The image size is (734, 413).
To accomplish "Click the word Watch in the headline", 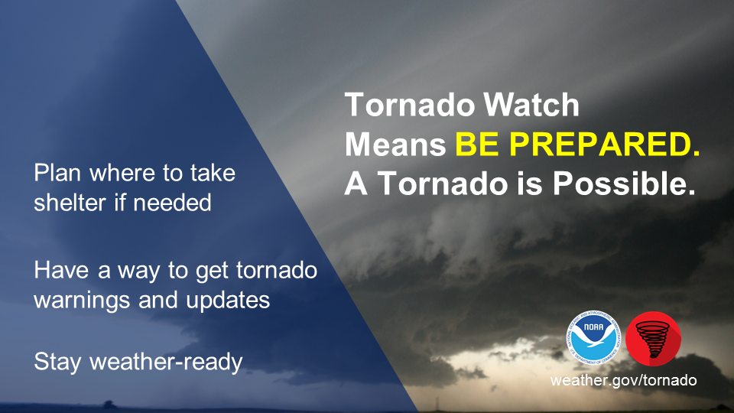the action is pos(531,105).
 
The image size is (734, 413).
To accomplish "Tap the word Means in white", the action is pos(395,145).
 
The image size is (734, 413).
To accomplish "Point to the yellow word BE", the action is pos(477,145).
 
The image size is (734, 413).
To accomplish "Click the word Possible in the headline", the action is pos(624,183).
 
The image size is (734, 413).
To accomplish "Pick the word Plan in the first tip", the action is pos(57,173).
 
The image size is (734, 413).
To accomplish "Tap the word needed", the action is pos(172,203).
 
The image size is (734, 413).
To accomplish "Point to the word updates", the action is pos(228,301).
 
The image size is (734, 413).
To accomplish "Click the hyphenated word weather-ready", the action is pos(166,362).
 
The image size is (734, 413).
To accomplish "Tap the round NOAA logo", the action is pos(593,337).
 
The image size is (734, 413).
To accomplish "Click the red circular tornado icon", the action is pos(653,339).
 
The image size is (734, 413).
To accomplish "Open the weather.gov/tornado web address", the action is pos(624,380).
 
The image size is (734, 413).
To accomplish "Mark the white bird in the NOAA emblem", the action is pos(593,338).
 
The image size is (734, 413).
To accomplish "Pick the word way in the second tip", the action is pos(138,272).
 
